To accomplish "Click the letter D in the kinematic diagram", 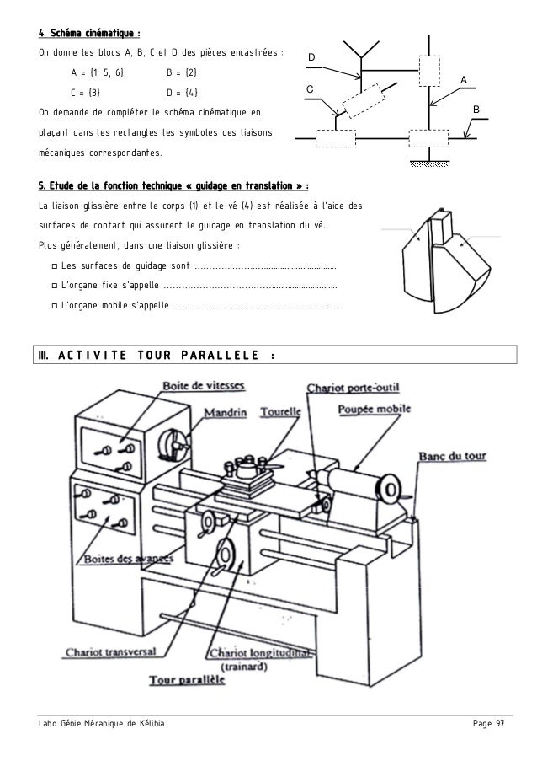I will click(x=310, y=57).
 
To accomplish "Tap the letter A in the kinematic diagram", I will click(x=463, y=79).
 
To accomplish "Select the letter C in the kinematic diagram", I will click(x=310, y=88).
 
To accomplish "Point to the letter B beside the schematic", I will click(x=476, y=110).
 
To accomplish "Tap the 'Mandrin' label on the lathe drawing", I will click(x=226, y=413).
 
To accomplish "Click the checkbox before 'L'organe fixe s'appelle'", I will click(x=54, y=286).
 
